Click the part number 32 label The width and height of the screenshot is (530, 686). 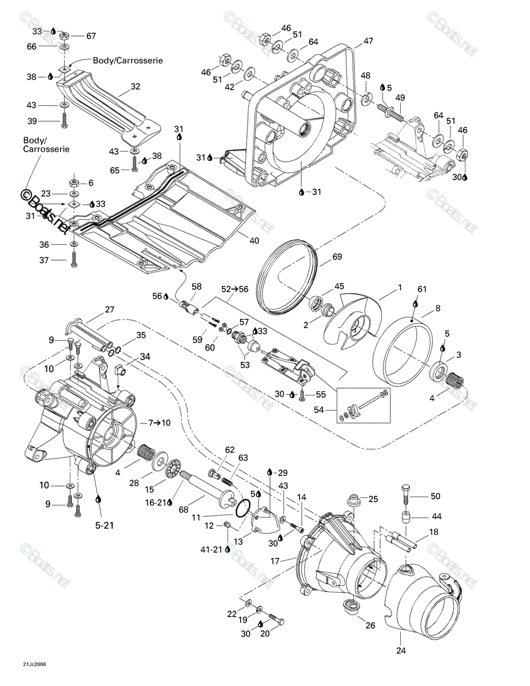(136, 86)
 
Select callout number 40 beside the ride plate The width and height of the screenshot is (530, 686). (254, 241)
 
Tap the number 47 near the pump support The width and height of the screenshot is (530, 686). (368, 41)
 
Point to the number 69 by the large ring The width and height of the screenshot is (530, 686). (337, 257)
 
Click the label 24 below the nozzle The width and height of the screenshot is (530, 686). (401, 651)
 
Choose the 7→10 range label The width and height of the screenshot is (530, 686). (160, 422)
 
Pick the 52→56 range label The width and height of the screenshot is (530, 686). (235, 289)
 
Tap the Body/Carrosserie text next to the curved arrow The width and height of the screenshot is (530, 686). (128, 61)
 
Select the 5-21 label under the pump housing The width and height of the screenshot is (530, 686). (105, 525)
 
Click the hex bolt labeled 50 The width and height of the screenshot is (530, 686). (405, 496)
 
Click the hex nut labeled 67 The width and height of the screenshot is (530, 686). (64, 35)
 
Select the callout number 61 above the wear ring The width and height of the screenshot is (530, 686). (422, 289)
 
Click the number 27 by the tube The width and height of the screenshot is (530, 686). (109, 310)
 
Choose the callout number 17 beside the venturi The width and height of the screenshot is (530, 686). (275, 561)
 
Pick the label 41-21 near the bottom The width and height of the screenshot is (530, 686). (211, 549)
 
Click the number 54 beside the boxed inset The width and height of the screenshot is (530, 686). (319, 410)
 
